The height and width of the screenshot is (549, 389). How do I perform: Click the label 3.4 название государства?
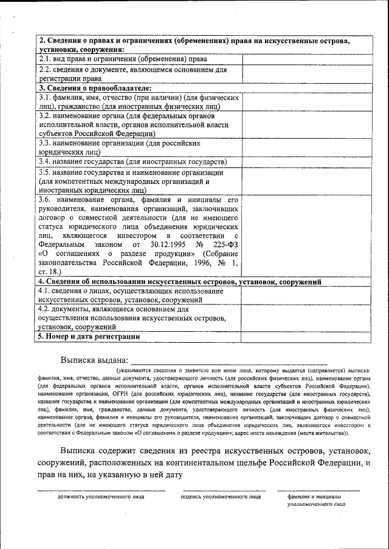pyautogui.click(x=133, y=162)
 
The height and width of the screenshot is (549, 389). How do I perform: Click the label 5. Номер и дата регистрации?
pyautogui.click(x=89, y=336)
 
